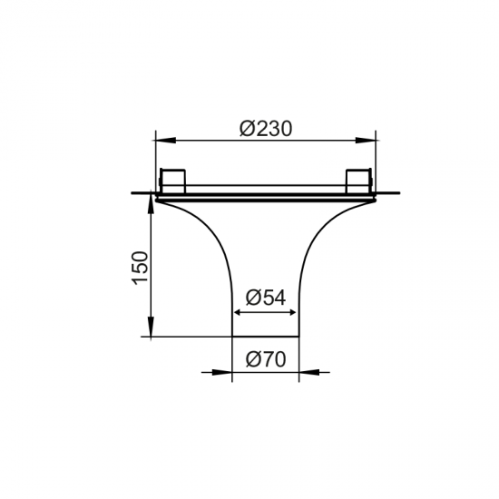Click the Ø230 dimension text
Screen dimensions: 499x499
266,129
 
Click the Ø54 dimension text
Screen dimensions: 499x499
266,297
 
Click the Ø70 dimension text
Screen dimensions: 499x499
266,359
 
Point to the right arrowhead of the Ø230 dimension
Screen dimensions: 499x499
367,140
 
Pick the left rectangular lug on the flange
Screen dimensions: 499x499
173,179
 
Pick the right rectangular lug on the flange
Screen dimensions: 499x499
359,179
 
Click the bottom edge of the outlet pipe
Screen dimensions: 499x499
266,338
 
